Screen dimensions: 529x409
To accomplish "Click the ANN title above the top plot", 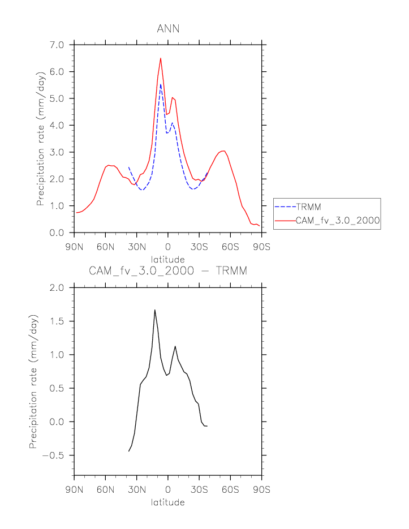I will pyautogui.click(x=168, y=29).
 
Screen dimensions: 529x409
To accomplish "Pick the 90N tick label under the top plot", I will pyautogui.click(x=74, y=247).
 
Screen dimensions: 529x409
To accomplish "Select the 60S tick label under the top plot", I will pyautogui.click(x=230, y=247).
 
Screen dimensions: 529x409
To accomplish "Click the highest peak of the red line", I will pyautogui.click(x=161, y=58).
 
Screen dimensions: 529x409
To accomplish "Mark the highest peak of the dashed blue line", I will pyautogui.click(x=161, y=85).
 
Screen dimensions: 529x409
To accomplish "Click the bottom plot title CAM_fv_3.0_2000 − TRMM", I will pyautogui.click(x=168, y=272).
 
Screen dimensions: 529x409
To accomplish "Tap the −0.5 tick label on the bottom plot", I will pyautogui.click(x=54, y=455).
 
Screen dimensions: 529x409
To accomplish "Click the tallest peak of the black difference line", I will pyautogui.click(x=154, y=310).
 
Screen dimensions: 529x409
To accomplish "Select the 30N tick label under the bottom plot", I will pyautogui.click(x=136, y=490).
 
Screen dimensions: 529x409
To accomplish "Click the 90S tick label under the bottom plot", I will pyautogui.click(x=261, y=490).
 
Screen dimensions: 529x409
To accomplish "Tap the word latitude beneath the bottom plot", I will pyautogui.click(x=168, y=502).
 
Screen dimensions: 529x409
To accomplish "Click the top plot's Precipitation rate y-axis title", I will pyautogui.click(x=41, y=139).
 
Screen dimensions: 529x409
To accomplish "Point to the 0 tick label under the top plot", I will pyautogui.click(x=168, y=247).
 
